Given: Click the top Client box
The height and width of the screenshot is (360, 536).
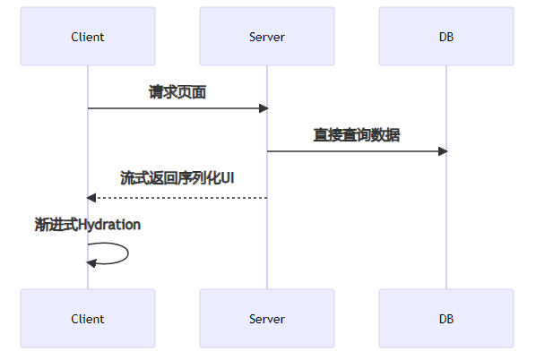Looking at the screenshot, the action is tap(88, 36).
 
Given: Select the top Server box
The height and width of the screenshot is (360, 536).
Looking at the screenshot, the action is tap(267, 36).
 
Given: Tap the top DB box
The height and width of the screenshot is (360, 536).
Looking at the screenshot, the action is tap(446, 36).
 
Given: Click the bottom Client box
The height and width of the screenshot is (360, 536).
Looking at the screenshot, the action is tap(88, 318).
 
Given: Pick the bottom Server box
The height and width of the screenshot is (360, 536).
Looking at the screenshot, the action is tap(267, 318).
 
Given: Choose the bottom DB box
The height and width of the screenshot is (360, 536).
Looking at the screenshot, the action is tap(446, 318).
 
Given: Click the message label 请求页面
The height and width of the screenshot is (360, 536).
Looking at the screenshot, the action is tap(177, 92).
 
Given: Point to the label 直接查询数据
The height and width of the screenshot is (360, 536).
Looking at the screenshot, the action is tap(357, 135).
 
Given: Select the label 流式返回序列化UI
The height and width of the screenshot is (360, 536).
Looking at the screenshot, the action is tap(177, 178).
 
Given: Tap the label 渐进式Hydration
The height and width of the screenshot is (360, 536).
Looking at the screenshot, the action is tap(88, 225).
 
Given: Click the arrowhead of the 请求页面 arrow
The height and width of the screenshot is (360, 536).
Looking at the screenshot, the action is tap(264, 108).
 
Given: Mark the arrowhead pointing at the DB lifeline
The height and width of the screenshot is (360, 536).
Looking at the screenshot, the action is tap(443, 151).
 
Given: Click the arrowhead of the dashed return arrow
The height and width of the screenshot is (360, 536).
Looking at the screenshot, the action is tap(91, 198).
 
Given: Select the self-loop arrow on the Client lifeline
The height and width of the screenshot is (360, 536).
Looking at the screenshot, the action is tap(128, 253).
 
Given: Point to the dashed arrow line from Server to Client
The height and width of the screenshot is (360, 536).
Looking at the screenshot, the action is tap(177, 198).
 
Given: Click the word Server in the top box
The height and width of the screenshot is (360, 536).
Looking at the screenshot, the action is tap(267, 37).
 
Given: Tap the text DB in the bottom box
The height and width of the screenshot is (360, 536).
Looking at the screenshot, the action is tap(446, 319).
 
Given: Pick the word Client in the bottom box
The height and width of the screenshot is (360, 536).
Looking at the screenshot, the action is tap(88, 319).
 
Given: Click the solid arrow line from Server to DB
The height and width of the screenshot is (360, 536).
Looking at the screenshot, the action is tap(357, 151).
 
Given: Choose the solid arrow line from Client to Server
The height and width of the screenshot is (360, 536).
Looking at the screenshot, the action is tap(177, 108).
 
